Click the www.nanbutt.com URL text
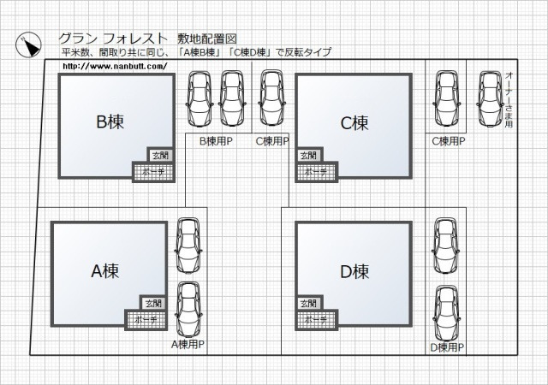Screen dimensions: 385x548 114,66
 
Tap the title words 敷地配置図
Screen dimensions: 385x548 206,38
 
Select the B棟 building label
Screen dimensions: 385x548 110,122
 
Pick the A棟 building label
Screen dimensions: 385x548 104,271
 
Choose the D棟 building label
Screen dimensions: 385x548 354,271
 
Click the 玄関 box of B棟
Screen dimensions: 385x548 160,155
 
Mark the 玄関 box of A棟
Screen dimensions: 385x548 152,303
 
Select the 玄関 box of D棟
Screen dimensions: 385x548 309,303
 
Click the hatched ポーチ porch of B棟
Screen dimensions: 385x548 153,170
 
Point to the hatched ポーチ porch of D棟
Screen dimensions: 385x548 316,318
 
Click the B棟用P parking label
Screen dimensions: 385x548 216,141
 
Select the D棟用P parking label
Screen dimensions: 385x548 447,346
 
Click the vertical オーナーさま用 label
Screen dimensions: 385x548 508,99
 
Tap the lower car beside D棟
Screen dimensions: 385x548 446,311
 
